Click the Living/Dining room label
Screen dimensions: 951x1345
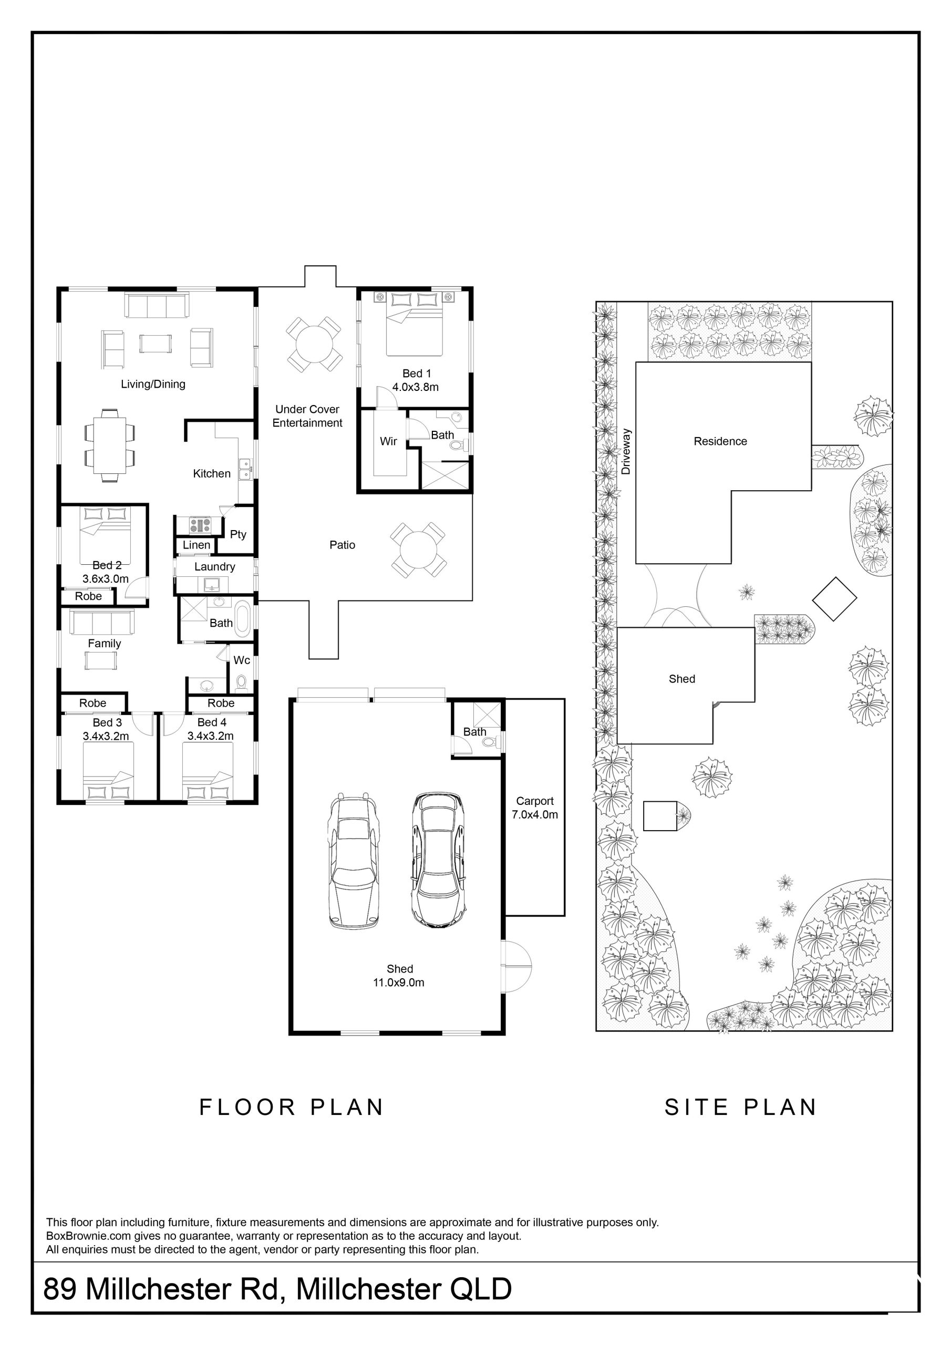tap(153, 384)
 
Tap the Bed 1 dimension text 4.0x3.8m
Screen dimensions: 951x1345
tap(416, 387)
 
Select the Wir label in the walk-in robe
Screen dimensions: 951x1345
tap(388, 441)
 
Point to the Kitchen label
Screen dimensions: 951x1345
tap(212, 473)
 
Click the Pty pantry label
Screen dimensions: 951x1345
tap(238, 534)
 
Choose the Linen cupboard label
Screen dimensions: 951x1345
tap(197, 545)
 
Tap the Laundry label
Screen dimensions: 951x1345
tap(214, 566)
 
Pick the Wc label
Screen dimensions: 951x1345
tap(242, 660)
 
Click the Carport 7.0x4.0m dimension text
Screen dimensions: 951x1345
tap(535, 814)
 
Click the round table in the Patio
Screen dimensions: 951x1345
tap(418, 549)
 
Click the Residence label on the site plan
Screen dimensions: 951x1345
tap(720, 442)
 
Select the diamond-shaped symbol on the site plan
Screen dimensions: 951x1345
tap(834, 599)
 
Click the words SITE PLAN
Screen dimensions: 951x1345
tap(741, 1107)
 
